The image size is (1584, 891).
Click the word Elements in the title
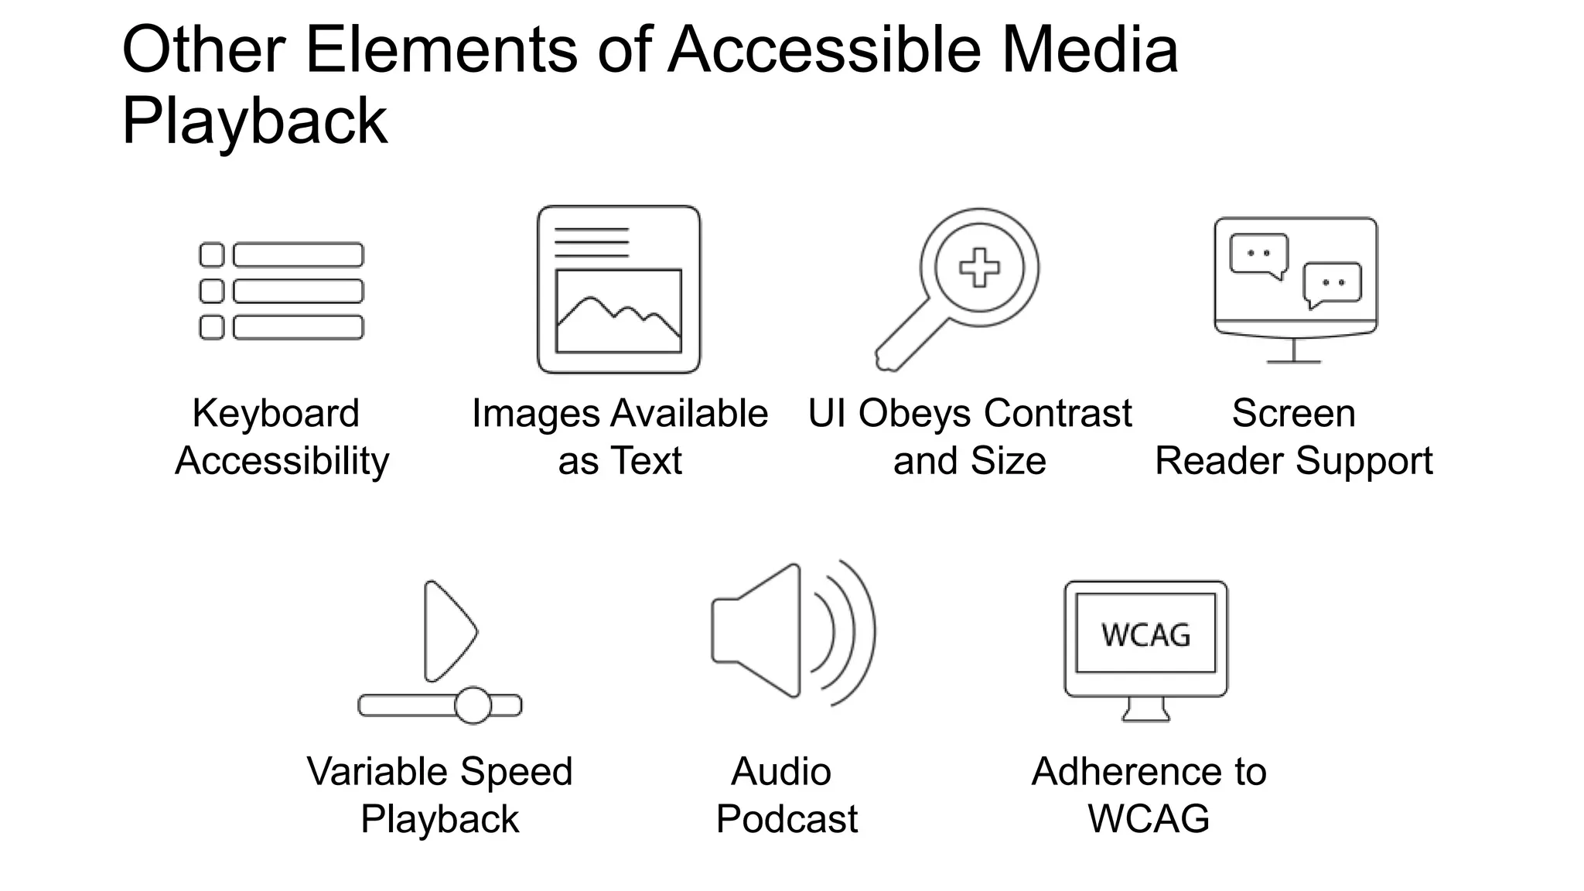(442, 50)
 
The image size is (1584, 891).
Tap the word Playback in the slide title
(254, 121)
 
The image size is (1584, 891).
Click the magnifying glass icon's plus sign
(979, 268)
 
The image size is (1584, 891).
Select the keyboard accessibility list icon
(282, 291)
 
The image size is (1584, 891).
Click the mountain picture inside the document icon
(618, 311)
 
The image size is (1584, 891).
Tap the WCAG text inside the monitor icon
(1145, 635)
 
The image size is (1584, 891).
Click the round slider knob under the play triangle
(473, 705)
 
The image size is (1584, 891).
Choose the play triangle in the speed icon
(448, 630)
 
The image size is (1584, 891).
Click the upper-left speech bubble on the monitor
(1259, 254)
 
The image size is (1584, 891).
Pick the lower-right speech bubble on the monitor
(1332, 284)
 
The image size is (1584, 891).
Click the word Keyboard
(276, 413)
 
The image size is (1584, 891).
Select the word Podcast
(787, 819)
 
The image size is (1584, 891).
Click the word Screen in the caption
(1293, 413)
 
